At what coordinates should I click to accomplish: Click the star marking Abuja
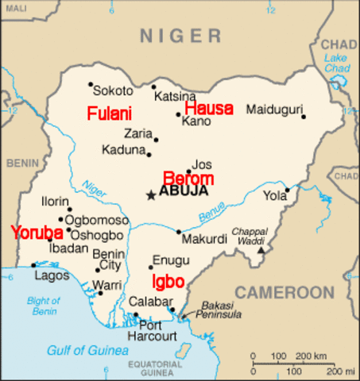(x=150, y=193)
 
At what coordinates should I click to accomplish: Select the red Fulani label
(x=110, y=113)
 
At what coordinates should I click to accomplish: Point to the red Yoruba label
(x=37, y=233)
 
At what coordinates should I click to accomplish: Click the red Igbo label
(x=168, y=282)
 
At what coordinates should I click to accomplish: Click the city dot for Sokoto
(x=91, y=84)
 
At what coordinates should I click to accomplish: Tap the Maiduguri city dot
(x=304, y=117)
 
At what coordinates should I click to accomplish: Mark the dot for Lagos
(x=33, y=265)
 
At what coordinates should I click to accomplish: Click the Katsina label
(x=175, y=96)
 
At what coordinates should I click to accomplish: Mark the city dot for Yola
(x=288, y=190)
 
